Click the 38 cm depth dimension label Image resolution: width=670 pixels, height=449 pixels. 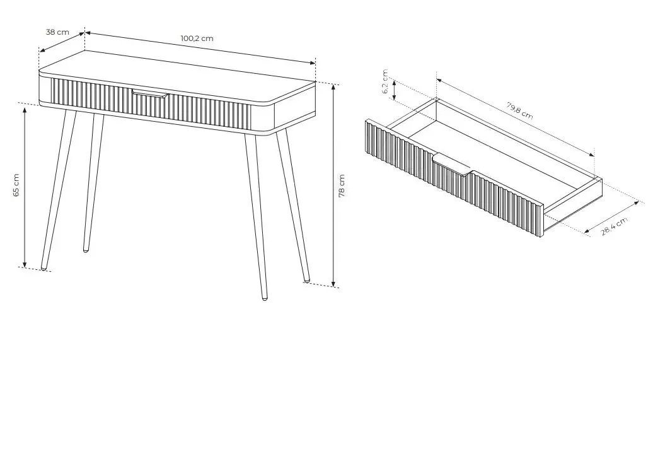[57, 32]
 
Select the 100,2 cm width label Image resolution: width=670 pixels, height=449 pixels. [197, 38]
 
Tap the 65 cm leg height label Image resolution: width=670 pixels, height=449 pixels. [16, 185]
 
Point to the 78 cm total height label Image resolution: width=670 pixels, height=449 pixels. [342, 185]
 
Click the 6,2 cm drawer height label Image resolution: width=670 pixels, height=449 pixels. [385, 82]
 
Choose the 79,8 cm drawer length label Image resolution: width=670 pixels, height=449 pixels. [519, 110]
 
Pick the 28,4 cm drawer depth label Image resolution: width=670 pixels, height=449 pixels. [614, 226]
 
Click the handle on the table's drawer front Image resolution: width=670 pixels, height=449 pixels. [149, 94]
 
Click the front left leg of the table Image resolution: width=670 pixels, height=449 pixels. [59, 190]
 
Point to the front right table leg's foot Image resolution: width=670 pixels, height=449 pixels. [265, 297]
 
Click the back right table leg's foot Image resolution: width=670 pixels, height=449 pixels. [306, 279]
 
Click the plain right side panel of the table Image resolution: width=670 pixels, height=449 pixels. [295, 109]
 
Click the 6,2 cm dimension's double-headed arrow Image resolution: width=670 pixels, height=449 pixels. [395, 91]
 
